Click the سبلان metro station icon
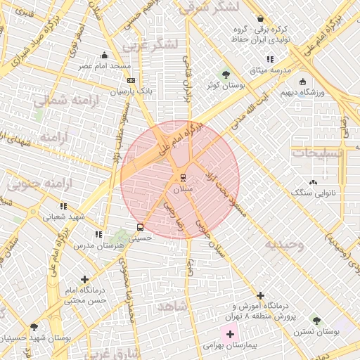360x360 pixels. click(183, 177)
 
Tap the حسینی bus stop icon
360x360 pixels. click(140, 227)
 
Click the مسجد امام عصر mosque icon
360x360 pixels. click(105, 56)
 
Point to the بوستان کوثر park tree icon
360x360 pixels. click(225, 74)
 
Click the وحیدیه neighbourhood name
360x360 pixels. click(284, 245)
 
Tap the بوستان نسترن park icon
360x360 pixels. click(316, 320)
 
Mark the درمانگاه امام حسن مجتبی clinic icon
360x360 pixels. click(85, 279)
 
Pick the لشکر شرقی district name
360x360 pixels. click(209, 7)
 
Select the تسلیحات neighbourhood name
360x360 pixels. click(317, 153)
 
